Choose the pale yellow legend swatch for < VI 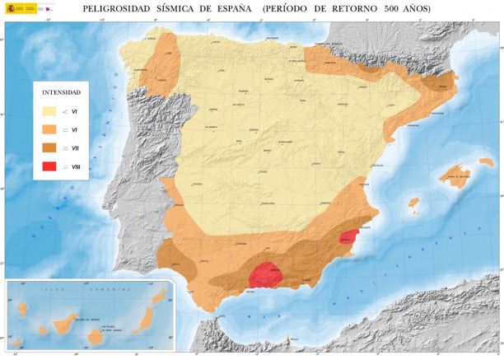pyautogui.click(x=51, y=110)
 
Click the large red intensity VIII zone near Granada pyautogui.click(x=266, y=274)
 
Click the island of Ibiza pyautogui.click(x=413, y=202)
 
